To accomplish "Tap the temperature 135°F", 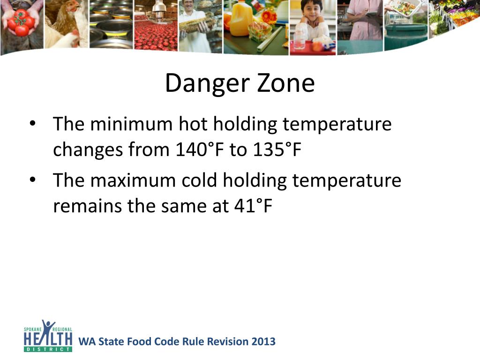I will pos(276,150).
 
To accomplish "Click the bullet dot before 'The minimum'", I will pos(32,124).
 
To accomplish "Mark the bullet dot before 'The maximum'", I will pos(32,180).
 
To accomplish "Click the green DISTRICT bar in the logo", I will pos(48,349).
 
